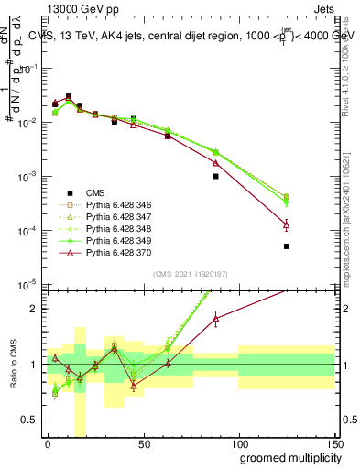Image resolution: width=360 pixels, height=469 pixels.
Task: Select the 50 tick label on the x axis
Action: click(x=143, y=442)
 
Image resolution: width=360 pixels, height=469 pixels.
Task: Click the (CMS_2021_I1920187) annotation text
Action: click(x=190, y=273)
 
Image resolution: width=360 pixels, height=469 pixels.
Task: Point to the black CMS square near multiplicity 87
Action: click(x=215, y=176)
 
